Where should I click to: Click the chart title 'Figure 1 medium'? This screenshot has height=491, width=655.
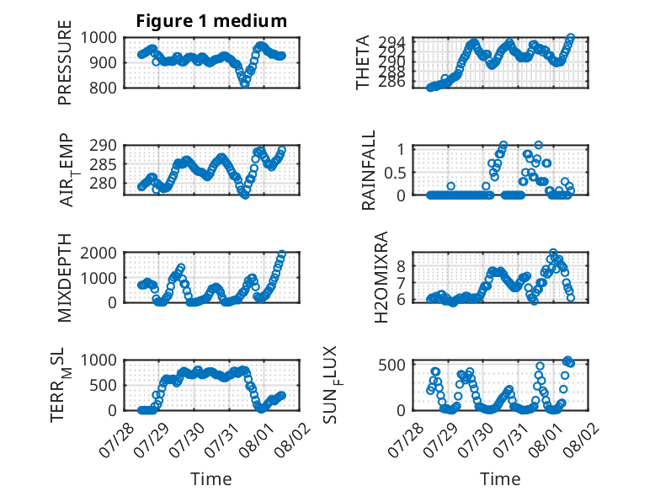tap(211, 21)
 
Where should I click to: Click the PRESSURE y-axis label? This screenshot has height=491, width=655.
tap(65, 62)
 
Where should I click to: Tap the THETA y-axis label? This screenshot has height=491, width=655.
tap(363, 62)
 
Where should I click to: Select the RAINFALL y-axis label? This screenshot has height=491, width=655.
tap(369, 170)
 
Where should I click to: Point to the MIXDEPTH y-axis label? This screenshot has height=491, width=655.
tap(65, 277)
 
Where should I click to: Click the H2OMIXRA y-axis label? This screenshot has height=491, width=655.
tap(381, 277)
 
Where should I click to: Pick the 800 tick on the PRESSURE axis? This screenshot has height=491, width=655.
tap(103, 88)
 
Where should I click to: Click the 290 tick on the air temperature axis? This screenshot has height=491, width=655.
tap(103, 146)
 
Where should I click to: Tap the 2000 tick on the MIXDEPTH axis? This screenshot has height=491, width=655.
tap(99, 253)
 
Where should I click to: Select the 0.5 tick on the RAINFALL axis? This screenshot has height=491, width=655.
tap(395, 173)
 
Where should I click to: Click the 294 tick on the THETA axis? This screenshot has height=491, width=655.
tap(391, 42)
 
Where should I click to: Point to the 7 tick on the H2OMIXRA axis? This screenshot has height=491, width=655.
tap(401, 283)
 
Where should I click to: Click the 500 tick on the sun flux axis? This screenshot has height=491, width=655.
tap(391, 365)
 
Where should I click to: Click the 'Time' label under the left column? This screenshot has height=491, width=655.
tap(211, 478)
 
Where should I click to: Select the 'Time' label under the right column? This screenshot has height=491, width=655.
tap(500, 478)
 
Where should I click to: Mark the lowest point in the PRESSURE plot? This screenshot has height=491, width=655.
tap(245, 84)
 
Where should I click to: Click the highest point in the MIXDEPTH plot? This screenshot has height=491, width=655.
tap(282, 254)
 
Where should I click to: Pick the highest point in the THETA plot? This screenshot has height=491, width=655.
tap(571, 38)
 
